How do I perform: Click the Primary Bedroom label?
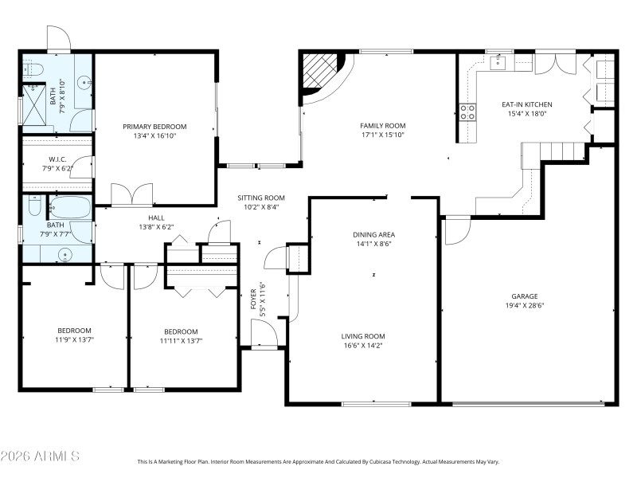point(154,127)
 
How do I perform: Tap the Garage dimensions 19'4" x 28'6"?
point(525,304)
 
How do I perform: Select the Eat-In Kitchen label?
point(526,104)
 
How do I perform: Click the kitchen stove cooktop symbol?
point(467,112)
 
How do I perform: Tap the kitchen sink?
point(499,61)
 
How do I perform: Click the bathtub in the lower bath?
point(70,209)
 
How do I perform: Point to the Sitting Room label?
point(261,198)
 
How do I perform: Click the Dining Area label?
point(374,234)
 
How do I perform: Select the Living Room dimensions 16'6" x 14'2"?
point(363,347)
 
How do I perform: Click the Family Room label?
point(383,126)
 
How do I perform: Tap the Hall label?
point(156,217)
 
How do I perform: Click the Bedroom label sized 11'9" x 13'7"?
point(74,331)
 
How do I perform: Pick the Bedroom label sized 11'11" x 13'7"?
point(181,331)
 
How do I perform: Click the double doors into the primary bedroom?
point(131,195)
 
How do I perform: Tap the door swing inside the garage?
point(457,231)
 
